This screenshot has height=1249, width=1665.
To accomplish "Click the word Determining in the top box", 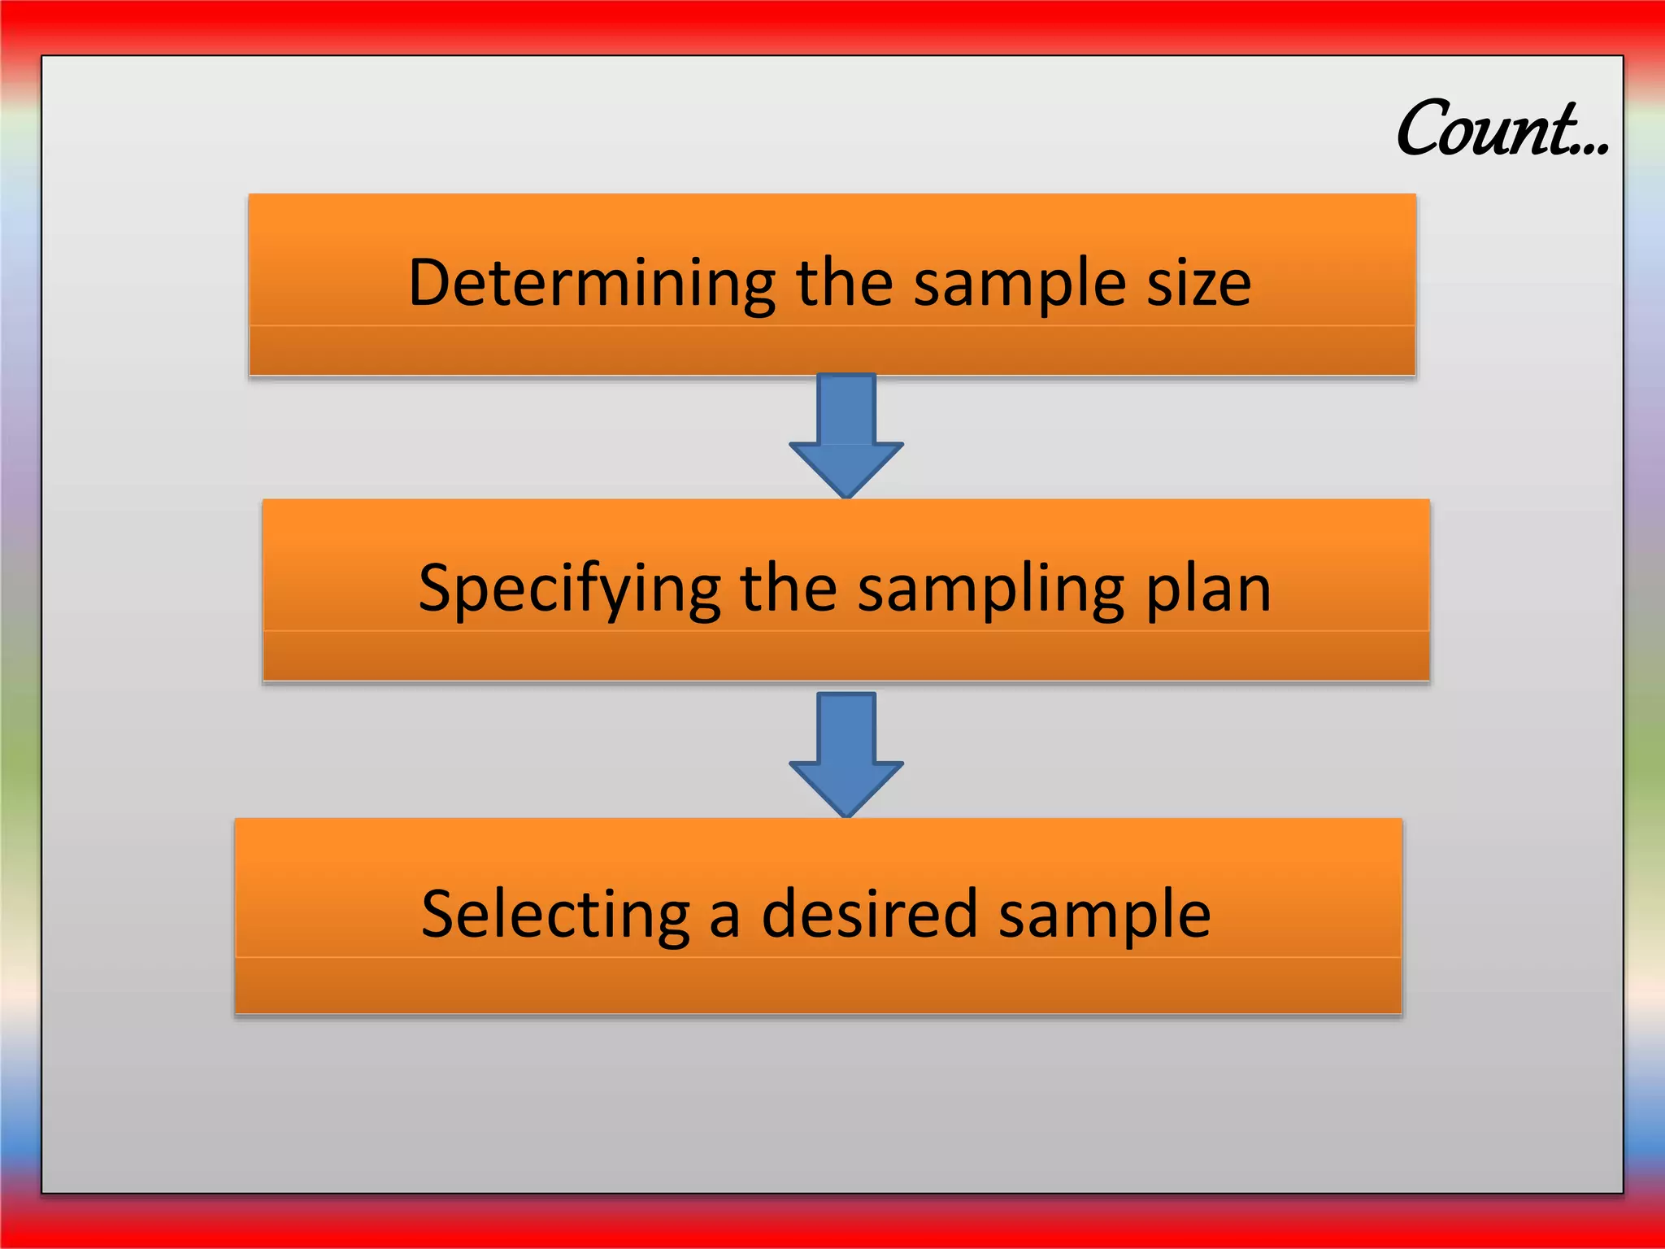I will click(592, 285).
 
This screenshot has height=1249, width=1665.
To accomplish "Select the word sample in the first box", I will click(1019, 285).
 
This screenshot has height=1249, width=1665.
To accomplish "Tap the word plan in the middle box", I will click(1208, 589).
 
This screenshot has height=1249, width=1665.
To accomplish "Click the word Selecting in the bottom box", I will click(555, 914).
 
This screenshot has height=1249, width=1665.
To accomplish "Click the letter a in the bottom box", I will click(724, 919).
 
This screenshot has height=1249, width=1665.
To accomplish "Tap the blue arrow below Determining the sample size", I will click(846, 436).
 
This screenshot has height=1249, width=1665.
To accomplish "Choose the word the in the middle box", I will click(788, 589).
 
